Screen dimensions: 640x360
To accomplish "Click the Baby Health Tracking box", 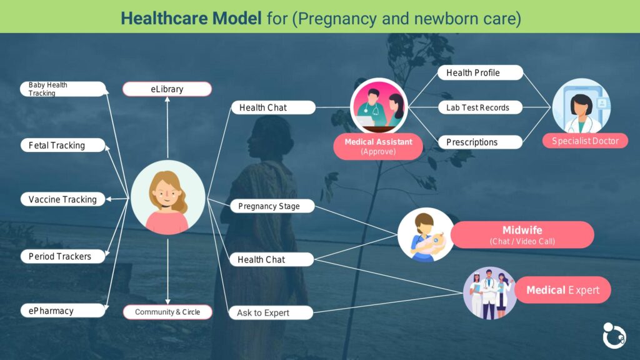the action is coord(63,89).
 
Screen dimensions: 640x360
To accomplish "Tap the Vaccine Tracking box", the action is coord(63,199).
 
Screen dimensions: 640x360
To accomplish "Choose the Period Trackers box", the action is coord(63,256).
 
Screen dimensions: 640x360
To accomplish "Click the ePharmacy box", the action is coord(63,311).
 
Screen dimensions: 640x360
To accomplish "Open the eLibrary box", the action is coord(167,89).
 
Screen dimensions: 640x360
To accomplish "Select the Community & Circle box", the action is coord(167,312).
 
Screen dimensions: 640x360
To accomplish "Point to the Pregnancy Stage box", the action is coord(272,206).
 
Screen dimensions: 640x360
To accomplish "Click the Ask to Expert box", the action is coord(271,312).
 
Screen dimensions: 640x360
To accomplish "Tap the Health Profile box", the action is coord(481,72).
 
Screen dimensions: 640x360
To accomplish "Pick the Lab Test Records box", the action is coord(481,107).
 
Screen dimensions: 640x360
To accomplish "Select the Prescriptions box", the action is coord(481,142).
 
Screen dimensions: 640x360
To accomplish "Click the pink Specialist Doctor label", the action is coord(585,141).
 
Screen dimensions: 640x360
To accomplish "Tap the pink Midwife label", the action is coord(522,235).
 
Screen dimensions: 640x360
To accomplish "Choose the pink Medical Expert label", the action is coord(563,290).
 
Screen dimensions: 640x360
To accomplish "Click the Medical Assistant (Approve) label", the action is coord(378,146).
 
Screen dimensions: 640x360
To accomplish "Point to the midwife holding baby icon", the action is coord(426,235).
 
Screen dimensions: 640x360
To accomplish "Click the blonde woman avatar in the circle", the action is coord(167,197).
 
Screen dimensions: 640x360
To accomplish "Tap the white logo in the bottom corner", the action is coord(614,336).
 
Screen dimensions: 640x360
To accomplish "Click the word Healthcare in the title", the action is coord(191,18).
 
